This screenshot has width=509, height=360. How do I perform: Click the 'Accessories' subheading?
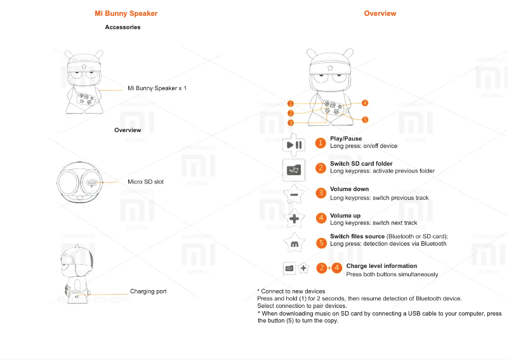pos(122,27)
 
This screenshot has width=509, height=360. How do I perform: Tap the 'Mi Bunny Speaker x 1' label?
pos(157,88)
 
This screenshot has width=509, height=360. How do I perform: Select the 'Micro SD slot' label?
pos(145,182)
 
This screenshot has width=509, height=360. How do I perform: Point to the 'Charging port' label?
pos(148,291)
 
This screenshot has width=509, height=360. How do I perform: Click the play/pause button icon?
pos(294,144)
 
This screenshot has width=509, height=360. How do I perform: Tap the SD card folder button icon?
pos(294,169)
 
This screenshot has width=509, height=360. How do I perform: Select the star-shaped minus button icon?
pos(294,194)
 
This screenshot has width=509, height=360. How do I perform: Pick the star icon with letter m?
pos(294,243)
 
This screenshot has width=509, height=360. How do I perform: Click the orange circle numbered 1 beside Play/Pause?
pos(321,143)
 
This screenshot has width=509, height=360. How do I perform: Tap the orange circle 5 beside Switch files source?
pos(321,243)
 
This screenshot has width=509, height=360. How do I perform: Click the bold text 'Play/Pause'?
pos(346,138)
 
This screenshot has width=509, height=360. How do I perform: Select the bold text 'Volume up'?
pos(345,216)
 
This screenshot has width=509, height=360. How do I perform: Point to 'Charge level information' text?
pos(381,266)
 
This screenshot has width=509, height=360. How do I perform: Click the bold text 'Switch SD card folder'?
pos(361,164)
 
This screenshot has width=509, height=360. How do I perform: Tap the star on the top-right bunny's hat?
pos(329,67)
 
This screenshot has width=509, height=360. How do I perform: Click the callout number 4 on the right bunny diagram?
pos(366,103)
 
